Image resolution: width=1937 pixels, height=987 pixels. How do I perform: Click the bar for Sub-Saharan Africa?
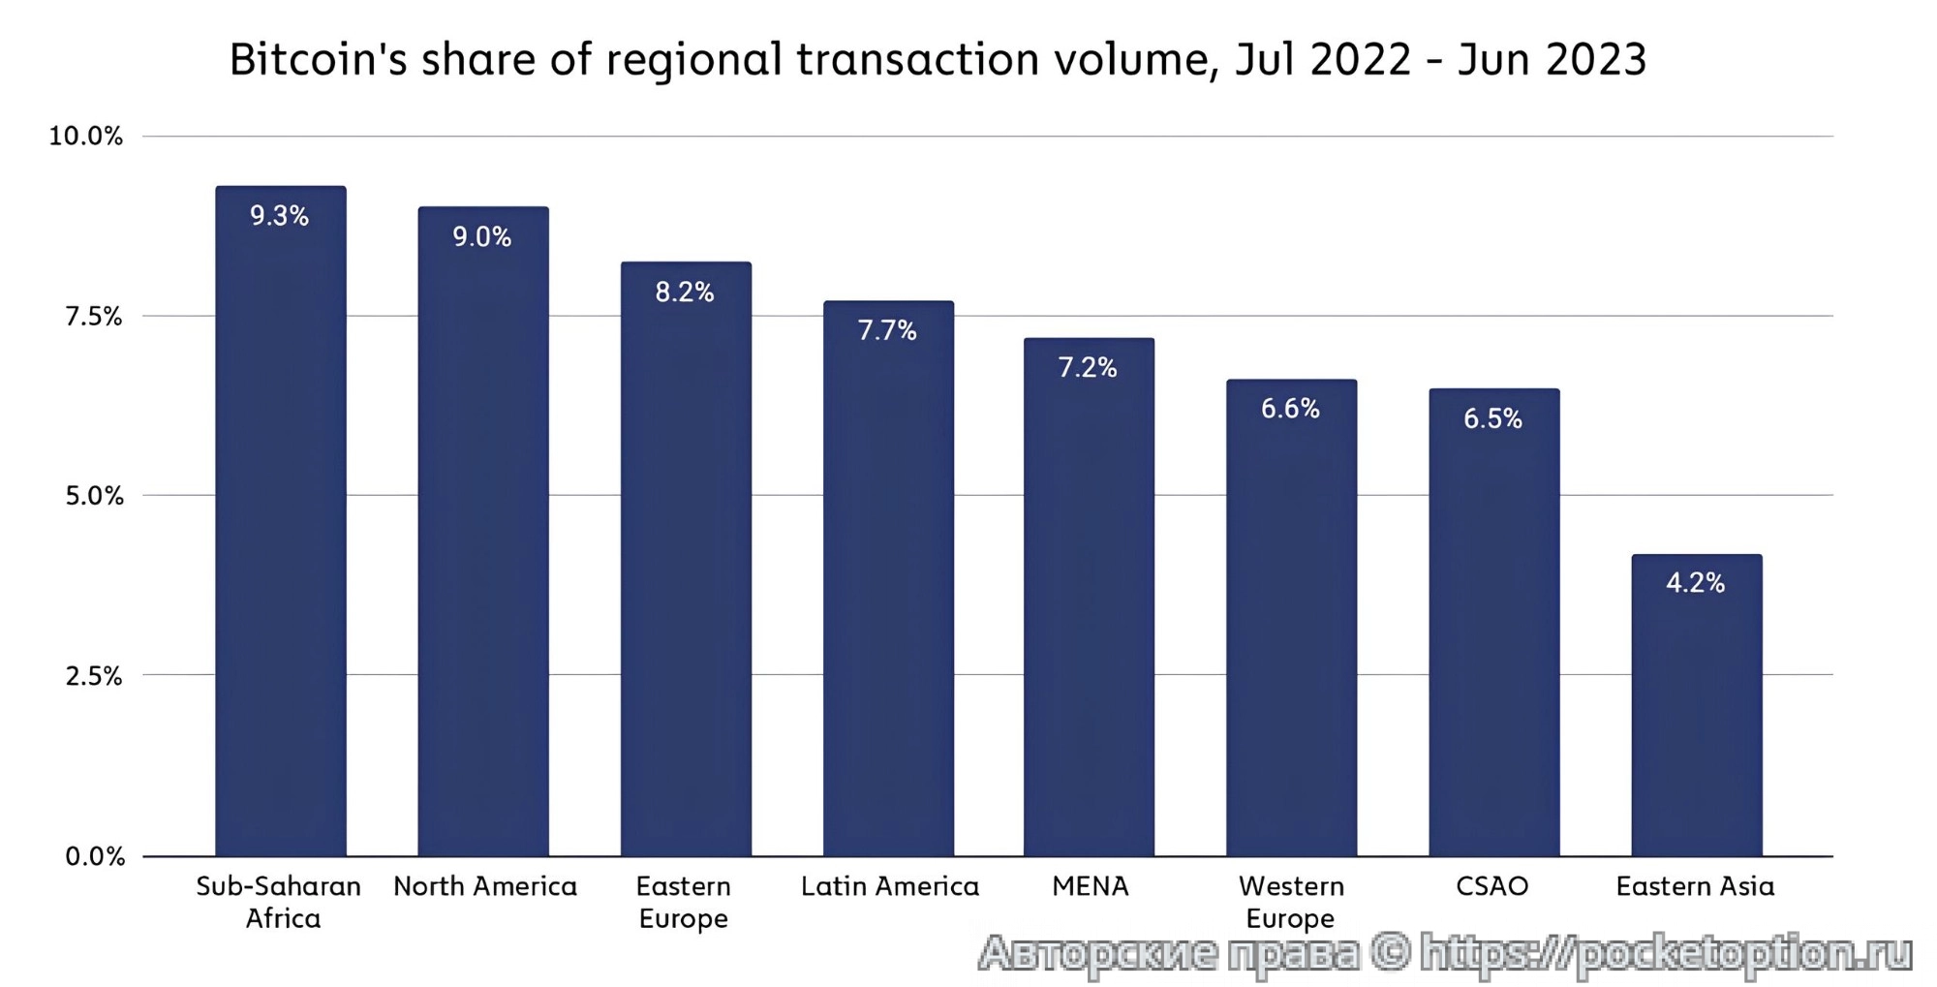pyautogui.click(x=280, y=523)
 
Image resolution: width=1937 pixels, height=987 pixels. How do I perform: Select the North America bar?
pyautogui.click(x=482, y=533)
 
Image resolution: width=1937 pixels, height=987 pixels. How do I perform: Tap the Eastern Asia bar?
pyautogui.click(x=1696, y=707)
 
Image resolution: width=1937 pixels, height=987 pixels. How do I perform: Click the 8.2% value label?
pyautogui.click(x=684, y=292)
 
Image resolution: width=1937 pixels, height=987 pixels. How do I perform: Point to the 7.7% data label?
pyautogui.click(x=886, y=330)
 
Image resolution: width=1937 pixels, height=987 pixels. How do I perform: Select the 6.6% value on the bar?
pyautogui.click(x=1290, y=409)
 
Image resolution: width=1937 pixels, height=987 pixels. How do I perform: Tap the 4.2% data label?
pyautogui.click(x=1695, y=583)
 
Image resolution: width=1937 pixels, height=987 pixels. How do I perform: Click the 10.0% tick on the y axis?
pyautogui.click(x=86, y=137)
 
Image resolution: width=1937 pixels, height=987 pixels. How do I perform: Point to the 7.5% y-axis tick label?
pyautogui.click(x=94, y=317)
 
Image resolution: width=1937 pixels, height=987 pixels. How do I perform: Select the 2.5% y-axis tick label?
pyautogui.click(x=94, y=676)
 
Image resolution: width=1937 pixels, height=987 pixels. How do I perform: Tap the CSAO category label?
pyautogui.click(x=1491, y=886)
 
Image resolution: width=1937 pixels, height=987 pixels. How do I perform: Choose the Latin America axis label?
pyautogui.click(x=889, y=886)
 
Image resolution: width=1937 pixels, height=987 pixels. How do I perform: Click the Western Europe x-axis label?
pyautogui.click(x=1290, y=902)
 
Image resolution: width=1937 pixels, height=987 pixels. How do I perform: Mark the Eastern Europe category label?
pyautogui.click(x=684, y=902)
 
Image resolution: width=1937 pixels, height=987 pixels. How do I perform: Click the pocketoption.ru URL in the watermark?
pyautogui.click(x=1666, y=953)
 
